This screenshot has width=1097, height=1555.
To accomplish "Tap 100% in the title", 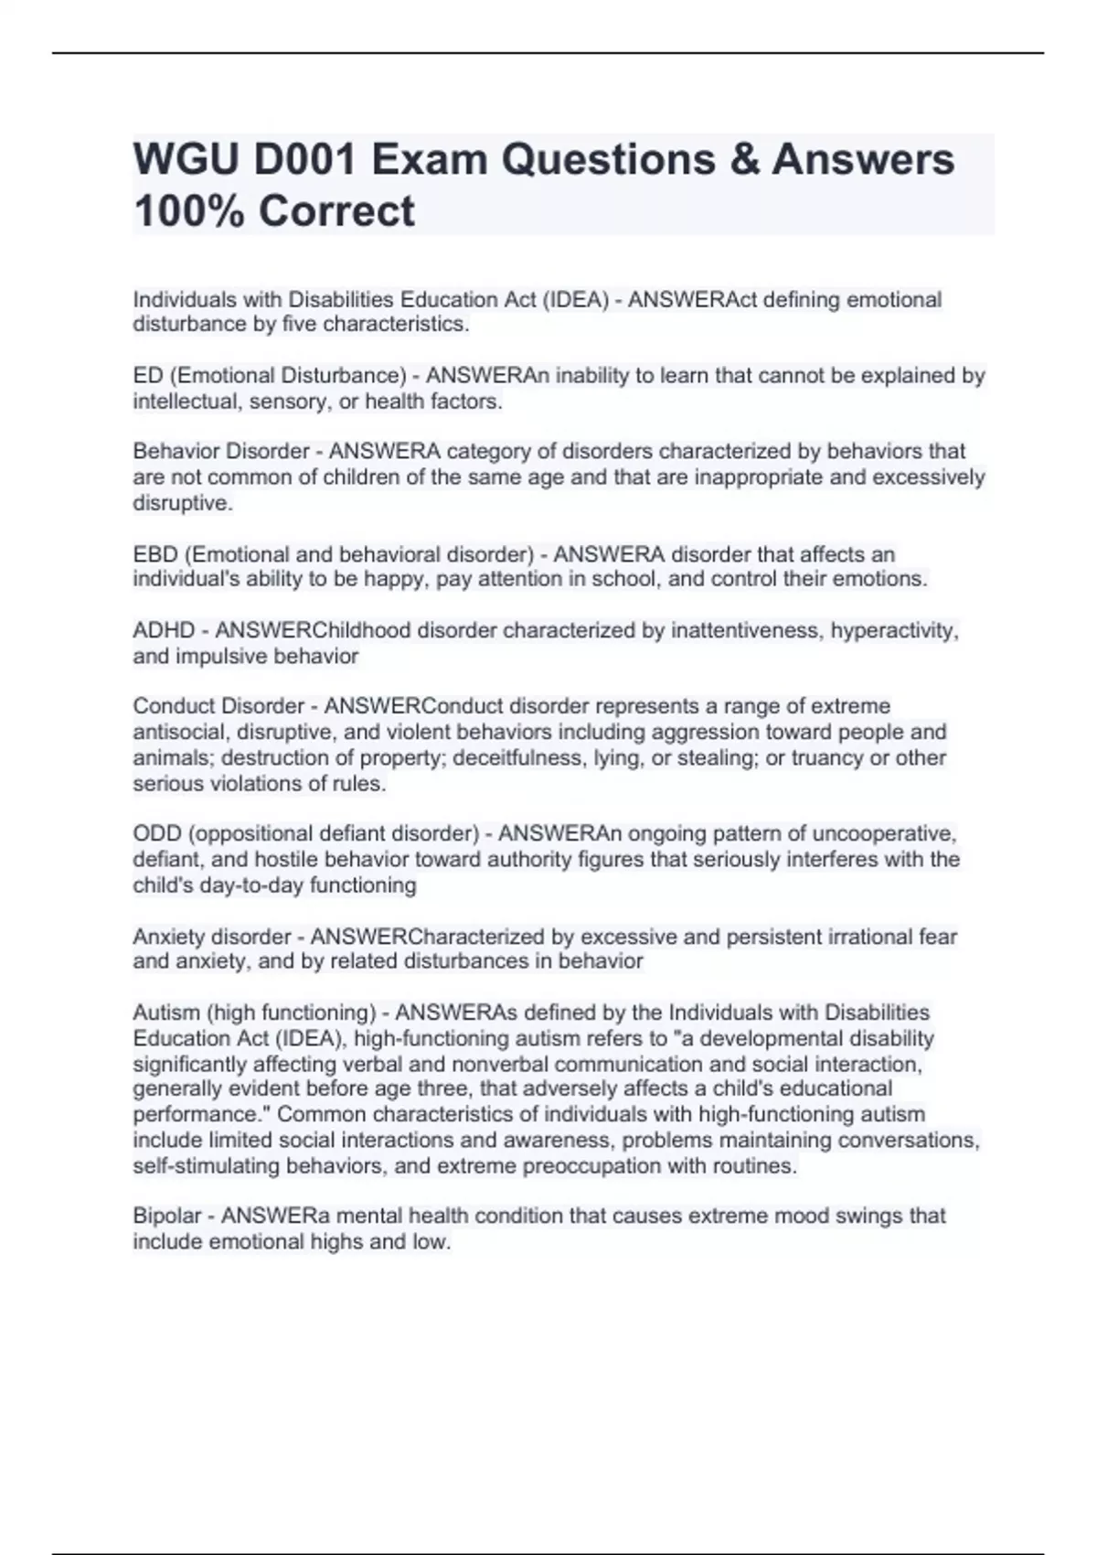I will (188, 211).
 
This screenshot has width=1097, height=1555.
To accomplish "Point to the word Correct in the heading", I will (336, 211).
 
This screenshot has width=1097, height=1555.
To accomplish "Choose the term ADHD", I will (165, 630).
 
